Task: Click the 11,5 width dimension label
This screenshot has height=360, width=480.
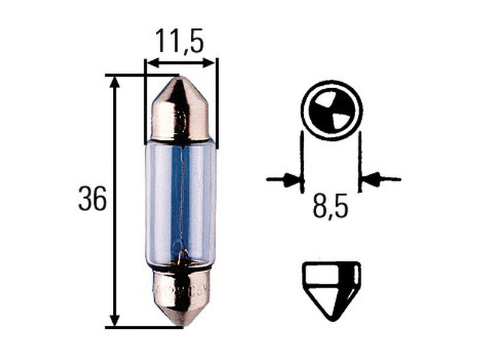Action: click(x=179, y=41)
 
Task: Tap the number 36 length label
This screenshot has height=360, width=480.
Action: click(x=92, y=199)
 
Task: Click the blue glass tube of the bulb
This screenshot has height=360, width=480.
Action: click(x=181, y=204)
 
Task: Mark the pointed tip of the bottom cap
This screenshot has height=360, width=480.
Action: click(x=181, y=323)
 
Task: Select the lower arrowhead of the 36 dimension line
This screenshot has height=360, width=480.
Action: click(x=115, y=320)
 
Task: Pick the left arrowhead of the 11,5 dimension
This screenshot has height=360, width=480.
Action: click(x=151, y=62)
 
